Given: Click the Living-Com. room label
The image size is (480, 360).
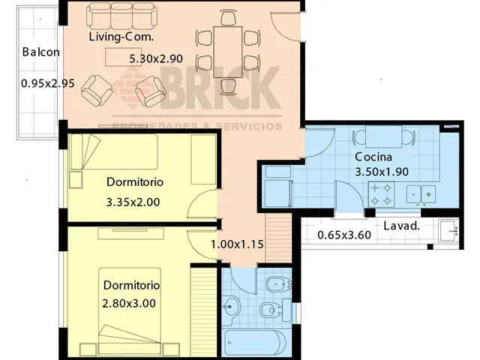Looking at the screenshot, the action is point(121,37).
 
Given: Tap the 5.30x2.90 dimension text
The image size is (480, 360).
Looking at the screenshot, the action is point(156,58).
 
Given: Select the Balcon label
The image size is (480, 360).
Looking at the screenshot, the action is point(41,52).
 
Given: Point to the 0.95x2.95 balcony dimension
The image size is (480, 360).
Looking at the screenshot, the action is point(48,83).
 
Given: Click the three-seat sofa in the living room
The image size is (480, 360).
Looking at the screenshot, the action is point(121,16).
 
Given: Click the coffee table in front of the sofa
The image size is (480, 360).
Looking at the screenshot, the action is point(123,57).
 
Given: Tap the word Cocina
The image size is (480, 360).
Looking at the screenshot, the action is point(373,157).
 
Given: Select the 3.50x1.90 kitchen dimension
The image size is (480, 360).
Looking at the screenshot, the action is point(382,172).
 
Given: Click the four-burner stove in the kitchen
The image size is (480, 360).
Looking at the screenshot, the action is point(382,194).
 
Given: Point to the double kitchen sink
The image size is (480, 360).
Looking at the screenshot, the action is point(421,194).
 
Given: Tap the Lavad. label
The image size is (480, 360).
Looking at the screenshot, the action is point(401,226).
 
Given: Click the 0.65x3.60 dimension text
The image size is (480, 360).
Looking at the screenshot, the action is point(344,235).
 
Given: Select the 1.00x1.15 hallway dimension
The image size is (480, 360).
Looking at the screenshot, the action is point(237,244).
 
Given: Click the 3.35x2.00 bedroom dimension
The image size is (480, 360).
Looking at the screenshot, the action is point(133,202).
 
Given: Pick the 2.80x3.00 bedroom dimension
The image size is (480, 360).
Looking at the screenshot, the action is point(129,304).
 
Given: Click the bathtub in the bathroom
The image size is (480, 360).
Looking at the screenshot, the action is point(256,342).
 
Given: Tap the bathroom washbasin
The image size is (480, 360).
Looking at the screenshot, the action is point(231,306).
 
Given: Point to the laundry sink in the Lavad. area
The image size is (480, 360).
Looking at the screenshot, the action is point(448,230).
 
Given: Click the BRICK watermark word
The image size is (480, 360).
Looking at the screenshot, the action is point(220,88).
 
